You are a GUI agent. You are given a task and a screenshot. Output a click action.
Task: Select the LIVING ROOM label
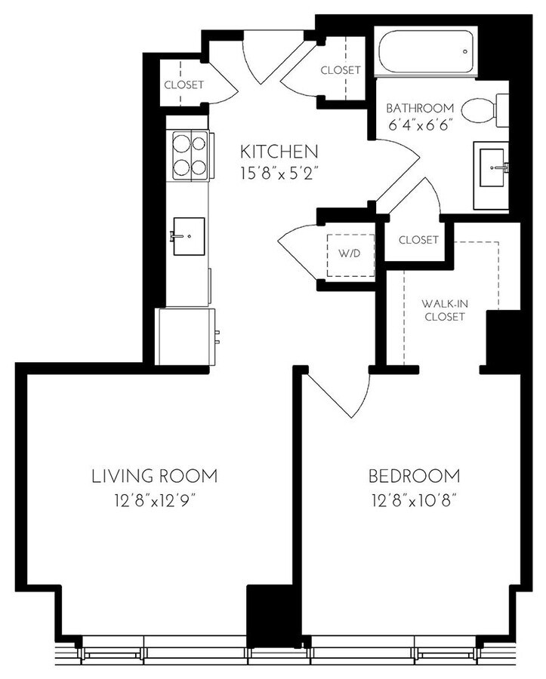click(x=155, y=476)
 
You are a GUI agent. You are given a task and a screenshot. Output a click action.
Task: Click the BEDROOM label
click(x=414, y=476)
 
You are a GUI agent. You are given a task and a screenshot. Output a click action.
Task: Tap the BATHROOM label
click(x=420, y=108)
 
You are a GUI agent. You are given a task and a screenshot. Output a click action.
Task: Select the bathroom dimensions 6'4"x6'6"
click(x=420, y=126)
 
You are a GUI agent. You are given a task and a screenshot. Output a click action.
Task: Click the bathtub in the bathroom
click(x=425, y=53)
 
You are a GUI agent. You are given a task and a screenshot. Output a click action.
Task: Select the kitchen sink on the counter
click(x=188, y=236)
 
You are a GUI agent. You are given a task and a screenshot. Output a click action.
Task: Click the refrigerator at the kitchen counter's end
click(x=186, y=336)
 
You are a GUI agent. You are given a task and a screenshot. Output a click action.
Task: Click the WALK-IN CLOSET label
click(x=444, y=309)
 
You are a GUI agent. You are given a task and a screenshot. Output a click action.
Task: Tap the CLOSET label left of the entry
click(x=184, y=84)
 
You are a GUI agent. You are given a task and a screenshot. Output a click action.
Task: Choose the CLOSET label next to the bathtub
click(x=341, y=70)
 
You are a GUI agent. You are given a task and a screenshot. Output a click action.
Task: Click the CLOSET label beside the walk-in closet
click(x=418, y=240)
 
